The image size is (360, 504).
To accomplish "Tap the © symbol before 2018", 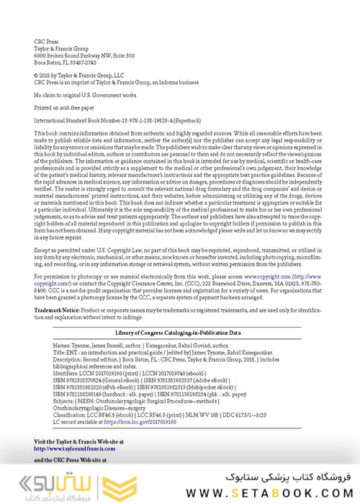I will [37, 74].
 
